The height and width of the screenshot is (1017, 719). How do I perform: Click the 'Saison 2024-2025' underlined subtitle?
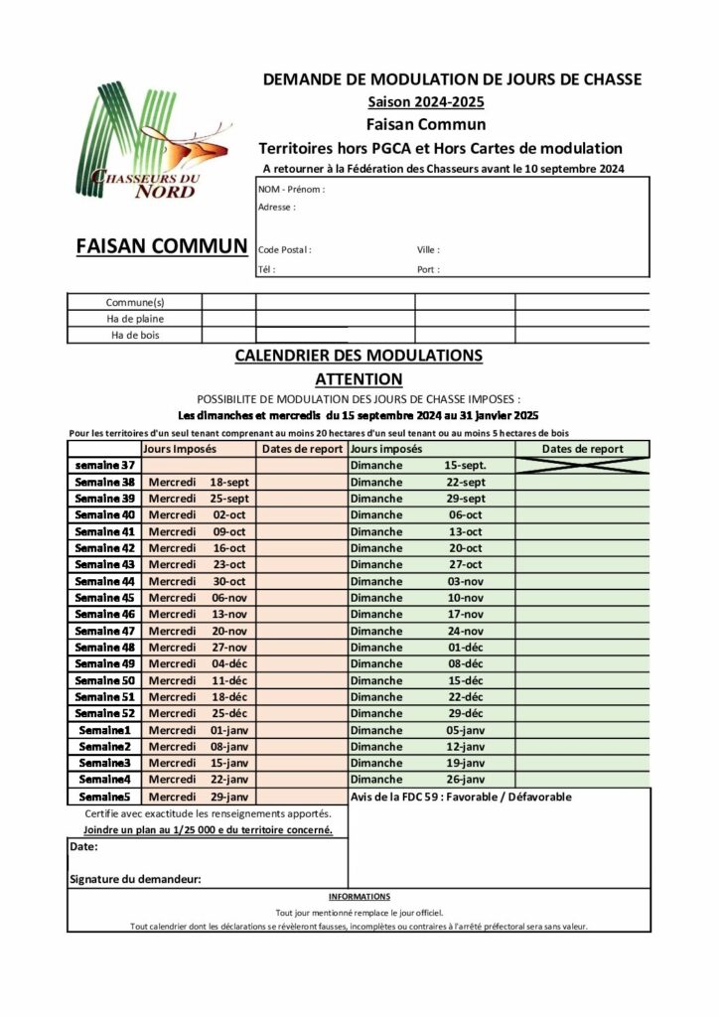click(426, 102)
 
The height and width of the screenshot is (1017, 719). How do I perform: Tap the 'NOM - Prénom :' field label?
click(291, 189)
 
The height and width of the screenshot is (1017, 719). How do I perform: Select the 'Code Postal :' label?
click(285, 250)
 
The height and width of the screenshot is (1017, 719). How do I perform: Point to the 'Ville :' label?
click(428, 250)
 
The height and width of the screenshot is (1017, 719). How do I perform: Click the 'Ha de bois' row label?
click(135, 336)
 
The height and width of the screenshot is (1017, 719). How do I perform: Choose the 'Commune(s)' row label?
click(135, 302)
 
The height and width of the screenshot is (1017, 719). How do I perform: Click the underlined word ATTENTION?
click(359, 378)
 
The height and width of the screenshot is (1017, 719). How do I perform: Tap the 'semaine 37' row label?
click(104, 465)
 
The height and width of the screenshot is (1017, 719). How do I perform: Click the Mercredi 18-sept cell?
click(198, 482)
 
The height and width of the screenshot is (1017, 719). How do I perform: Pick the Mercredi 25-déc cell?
click(198, 713)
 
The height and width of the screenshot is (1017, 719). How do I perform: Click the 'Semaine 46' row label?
click(104, 614)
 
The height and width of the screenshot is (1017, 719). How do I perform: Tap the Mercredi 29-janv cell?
click(198, 797)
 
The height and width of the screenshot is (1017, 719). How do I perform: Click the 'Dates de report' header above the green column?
click(583, 449)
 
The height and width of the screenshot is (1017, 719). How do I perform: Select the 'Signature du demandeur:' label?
click(136, 879)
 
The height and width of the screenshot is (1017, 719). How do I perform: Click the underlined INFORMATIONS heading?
click(359, 896)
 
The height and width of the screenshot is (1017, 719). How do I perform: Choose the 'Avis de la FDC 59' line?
click(462, 797)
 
